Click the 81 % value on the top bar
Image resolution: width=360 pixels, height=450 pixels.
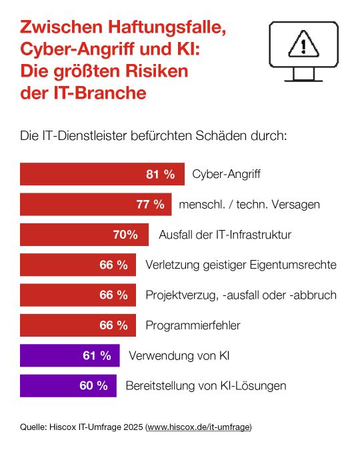160,175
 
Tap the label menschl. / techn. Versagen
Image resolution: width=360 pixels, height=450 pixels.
249,205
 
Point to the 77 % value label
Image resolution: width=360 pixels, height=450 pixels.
150,205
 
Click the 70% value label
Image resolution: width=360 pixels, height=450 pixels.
125,235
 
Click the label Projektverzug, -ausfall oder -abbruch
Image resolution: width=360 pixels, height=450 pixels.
241,295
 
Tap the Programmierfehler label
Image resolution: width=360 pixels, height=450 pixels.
193,325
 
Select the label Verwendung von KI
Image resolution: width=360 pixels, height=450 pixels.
176,355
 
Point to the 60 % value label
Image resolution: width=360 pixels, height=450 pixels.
93,385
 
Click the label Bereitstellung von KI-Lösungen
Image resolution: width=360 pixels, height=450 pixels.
206,385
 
